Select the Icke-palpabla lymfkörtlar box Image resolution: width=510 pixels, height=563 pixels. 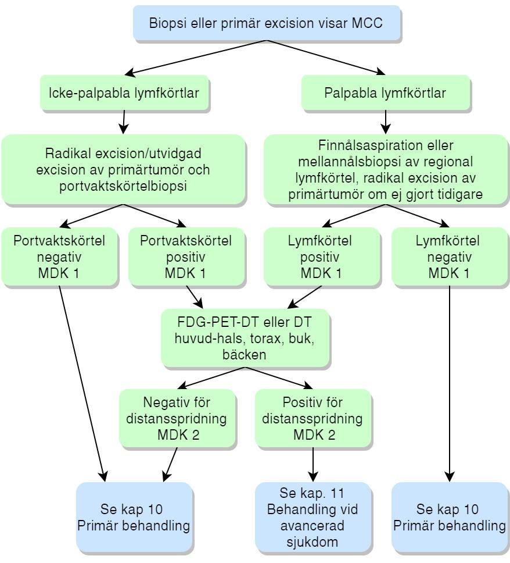(125, 92)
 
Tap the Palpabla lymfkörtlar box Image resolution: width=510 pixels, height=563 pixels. (385, 92)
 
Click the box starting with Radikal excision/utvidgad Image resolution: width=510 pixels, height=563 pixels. (123, 170)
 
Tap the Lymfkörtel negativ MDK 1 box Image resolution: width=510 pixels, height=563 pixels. (450, 256)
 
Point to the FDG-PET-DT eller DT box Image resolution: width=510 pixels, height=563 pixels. (246, 337)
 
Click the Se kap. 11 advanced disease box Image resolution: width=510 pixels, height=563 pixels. (312, 518)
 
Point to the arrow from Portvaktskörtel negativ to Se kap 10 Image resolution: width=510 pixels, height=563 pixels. (81, 384)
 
